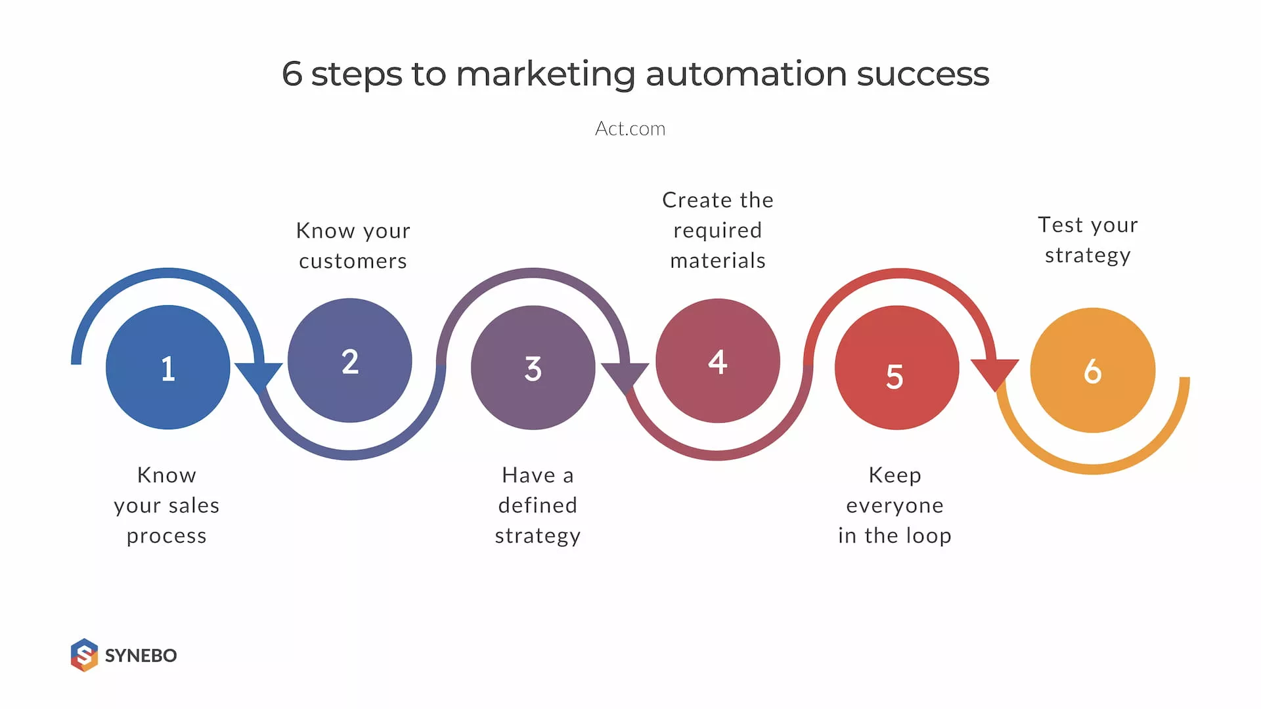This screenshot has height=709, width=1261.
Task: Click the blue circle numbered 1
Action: [168, 368]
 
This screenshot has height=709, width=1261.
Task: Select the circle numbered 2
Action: [350, 360]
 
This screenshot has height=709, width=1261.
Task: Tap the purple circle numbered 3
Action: [533, 368]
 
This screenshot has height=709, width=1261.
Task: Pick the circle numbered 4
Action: [718, 360]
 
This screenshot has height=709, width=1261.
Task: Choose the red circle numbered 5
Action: [896, 368]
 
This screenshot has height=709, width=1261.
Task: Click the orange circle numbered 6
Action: [1092, 370]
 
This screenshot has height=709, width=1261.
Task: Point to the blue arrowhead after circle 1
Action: [259, 375]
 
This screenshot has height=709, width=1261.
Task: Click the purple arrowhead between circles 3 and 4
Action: [625, 376]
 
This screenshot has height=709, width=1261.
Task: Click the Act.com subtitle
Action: [630, 129]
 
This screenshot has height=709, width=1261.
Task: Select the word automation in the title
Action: [747, 74]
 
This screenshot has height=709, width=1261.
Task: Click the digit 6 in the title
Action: [292, 74]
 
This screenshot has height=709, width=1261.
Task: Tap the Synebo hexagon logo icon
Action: [84, 655]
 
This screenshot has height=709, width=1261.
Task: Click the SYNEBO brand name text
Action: [141, 655]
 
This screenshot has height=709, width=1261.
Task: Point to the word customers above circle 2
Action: [353, 261]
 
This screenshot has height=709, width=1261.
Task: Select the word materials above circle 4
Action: [718, 261]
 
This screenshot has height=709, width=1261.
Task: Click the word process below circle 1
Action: [167, 536]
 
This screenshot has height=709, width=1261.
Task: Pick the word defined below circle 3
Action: [537, 505]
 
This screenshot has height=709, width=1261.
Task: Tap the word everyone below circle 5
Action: [895, 505]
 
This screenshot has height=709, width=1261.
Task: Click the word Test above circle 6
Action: [1060, 225]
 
